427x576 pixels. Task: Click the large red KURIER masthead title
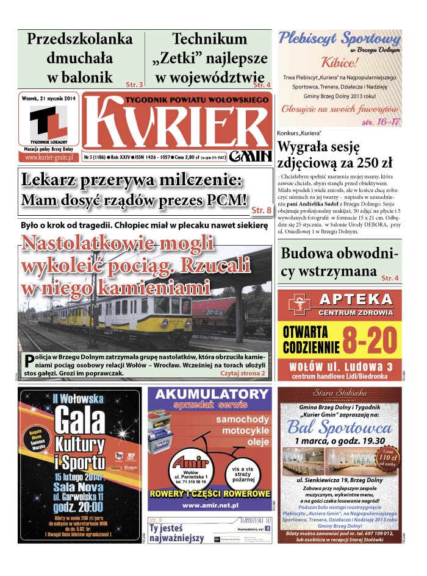pos(177,121)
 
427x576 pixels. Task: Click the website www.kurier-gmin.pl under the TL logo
pos(49,157)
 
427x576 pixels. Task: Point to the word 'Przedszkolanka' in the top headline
pos(80,39)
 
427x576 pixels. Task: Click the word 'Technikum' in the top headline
pos(209,39)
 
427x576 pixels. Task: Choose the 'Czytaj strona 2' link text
pos(243,372)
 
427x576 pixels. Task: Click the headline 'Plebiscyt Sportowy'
pos(339,38)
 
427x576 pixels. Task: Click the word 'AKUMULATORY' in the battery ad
pos(209,394)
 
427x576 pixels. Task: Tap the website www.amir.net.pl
pos(209,505)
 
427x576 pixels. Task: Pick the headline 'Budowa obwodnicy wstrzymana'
pos(338,262)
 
